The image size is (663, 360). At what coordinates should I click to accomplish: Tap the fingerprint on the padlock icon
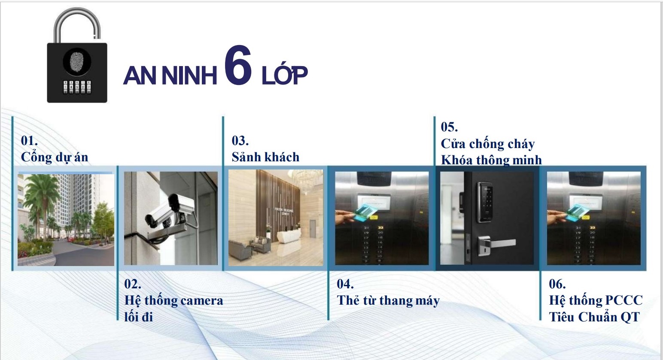click(x=77, y=62)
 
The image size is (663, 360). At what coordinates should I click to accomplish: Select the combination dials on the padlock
click(x=77, y=87)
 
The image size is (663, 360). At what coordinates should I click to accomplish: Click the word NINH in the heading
click(x=189, y=76)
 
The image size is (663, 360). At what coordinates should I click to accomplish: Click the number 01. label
click(x=29, y=141)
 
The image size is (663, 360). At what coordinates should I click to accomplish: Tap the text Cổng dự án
click(x=55, y=157)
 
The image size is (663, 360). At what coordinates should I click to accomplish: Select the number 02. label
click(x=133, y=284)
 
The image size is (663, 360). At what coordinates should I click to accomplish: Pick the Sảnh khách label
click(x=265, y=157)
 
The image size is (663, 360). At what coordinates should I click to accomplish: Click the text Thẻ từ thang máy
click(x=388, y=300)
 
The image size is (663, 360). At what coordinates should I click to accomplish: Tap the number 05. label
click(x=449, y=127)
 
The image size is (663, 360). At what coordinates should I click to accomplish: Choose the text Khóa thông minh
click(x=491, y=160)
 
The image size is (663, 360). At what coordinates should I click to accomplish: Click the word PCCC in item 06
click(x=624, y=300)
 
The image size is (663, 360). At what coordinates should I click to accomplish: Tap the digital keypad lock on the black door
click(x=484, y=202)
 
